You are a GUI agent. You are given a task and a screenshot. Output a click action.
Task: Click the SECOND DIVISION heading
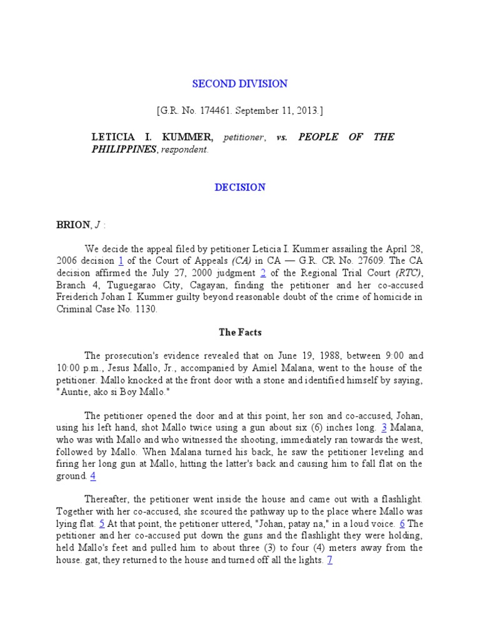239,84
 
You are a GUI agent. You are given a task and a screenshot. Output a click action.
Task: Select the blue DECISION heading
240,187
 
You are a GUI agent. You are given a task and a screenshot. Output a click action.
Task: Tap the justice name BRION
72,225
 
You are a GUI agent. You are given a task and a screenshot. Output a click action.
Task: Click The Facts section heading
240,332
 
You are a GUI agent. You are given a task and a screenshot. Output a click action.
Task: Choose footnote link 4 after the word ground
93,476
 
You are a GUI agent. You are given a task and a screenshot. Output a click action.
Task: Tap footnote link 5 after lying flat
102,524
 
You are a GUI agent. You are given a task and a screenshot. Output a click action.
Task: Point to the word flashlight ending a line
398,499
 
